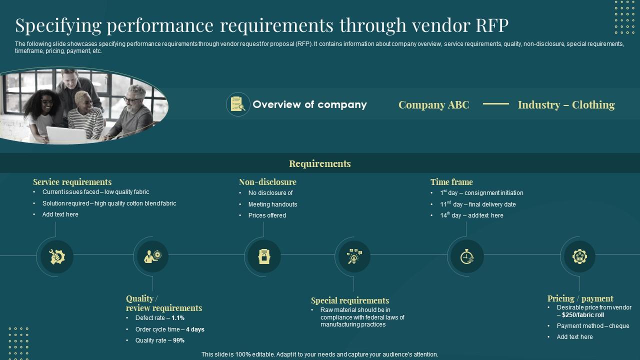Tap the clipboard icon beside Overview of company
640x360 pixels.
[238, 104]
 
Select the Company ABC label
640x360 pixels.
[433, 105]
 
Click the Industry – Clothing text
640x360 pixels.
[566, 105]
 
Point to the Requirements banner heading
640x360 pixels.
[320, 163]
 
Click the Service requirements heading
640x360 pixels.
[72, 182]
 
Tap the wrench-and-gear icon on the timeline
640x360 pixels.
[57, 256]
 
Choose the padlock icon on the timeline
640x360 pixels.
[263, 256]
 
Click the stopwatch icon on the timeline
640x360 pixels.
[466, 256]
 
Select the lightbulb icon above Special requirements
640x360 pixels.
[353, 256]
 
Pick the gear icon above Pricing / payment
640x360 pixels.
[579, 256]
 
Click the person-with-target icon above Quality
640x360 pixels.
[152, 256]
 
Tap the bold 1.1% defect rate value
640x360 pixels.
[178, 318]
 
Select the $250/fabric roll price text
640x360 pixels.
[583, 315]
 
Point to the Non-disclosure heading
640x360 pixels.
[267, 182]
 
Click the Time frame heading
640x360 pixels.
[451, 182]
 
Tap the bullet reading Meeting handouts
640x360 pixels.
[272, 204]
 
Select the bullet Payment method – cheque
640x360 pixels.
[593, 326]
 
